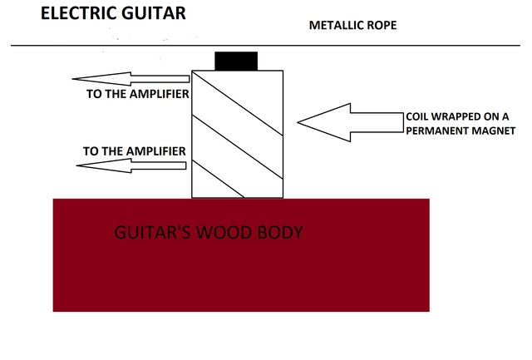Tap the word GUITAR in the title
(153, 14)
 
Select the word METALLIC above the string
(336, 25)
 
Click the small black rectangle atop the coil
(236, 61)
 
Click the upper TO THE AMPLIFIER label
(138, 94)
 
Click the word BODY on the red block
(278, 232)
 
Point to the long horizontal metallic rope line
(266, 43)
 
